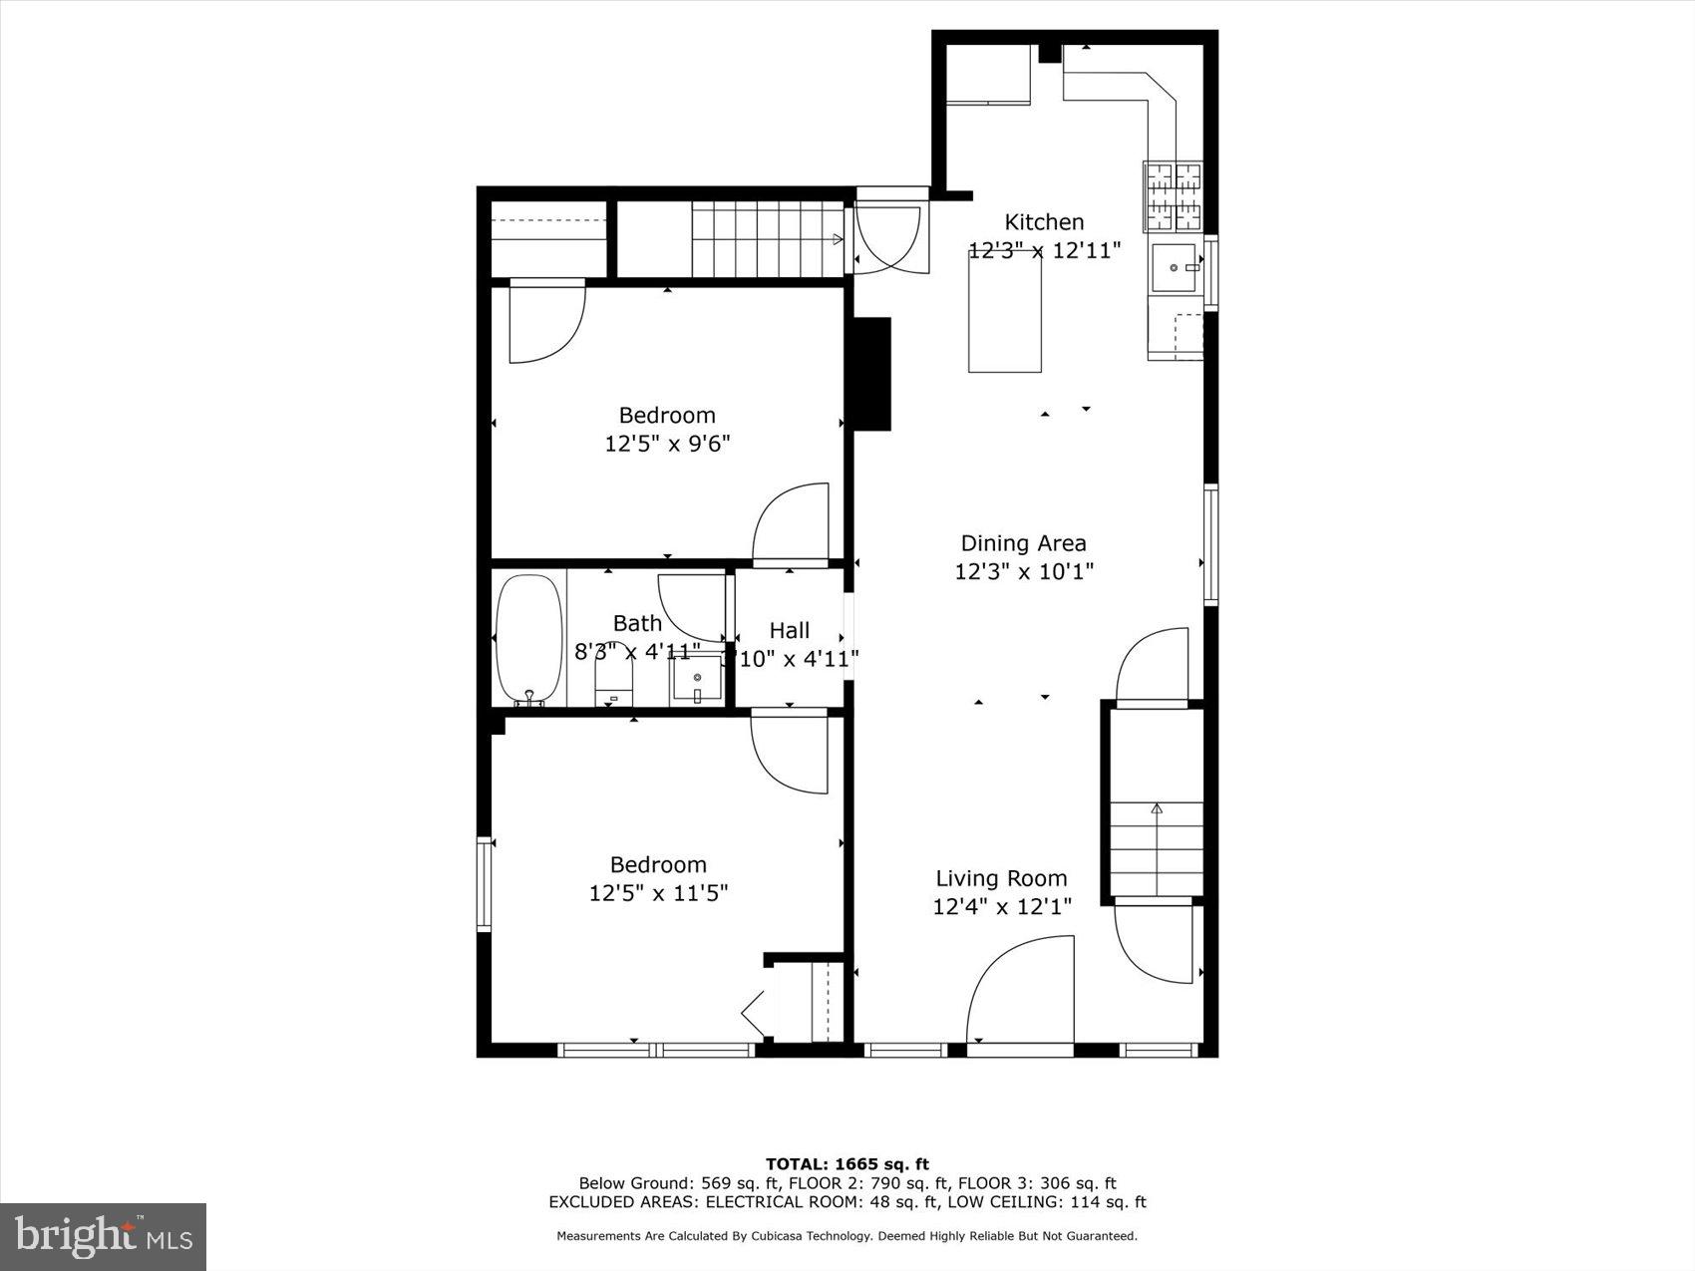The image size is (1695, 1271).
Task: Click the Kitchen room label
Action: (1043, 222)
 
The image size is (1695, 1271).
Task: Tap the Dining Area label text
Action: (1023, 543)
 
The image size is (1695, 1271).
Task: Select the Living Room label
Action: (1001, 878)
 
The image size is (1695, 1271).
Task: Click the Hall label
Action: (789, 630)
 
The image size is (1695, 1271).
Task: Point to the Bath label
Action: (637, 623)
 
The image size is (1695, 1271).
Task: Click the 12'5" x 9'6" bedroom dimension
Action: (667, 444)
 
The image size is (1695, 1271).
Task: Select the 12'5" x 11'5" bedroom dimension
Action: (658, 893)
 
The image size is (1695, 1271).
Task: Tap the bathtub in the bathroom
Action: (529, 638)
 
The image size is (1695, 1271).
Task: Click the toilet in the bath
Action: (613, 684)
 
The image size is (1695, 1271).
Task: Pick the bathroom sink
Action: (696, 682)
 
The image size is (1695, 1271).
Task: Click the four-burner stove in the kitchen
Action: (1173, 195)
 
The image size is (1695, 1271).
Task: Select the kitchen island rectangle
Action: (1005, 312)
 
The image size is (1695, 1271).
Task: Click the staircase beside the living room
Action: (1157, 847)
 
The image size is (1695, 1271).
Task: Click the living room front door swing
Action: (1020, 992)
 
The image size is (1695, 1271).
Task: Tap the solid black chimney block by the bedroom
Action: (869, 374)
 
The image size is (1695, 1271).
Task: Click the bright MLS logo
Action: (104, 1236)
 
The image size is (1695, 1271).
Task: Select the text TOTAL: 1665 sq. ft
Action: (847, 1163)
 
